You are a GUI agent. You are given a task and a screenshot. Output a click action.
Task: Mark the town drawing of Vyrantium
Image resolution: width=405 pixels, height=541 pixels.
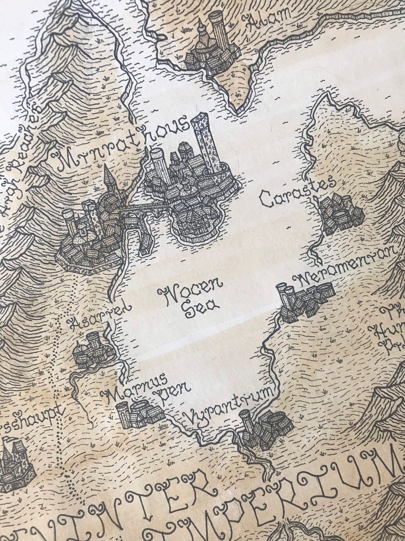pos(265,429)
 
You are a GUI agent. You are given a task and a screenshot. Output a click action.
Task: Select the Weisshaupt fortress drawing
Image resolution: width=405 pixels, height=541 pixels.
pos(14,463)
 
